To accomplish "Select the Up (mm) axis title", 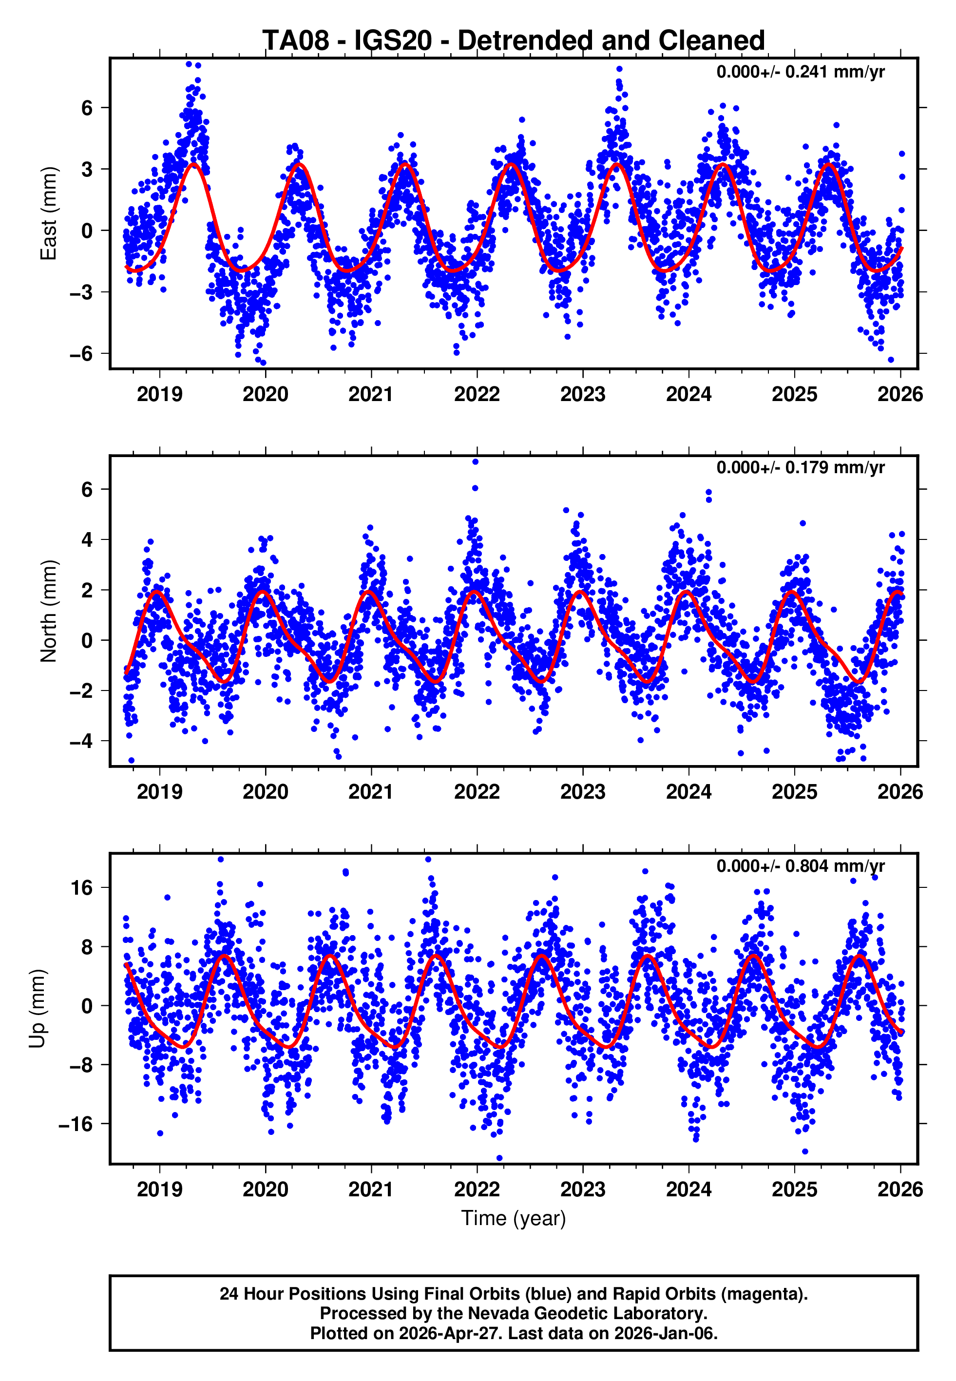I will click(x=37, y=1009).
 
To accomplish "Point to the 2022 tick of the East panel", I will click(x=477, y=394).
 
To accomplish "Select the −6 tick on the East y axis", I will click(x=81, y=353).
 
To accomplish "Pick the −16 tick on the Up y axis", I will click(x=76, y=1124).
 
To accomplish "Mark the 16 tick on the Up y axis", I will click(x=81, y=887).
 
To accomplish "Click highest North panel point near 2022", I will click(x=475, y=462).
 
